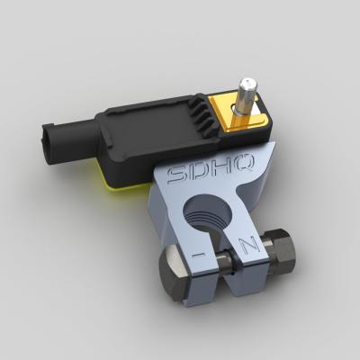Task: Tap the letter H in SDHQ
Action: (x=226, y=166)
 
